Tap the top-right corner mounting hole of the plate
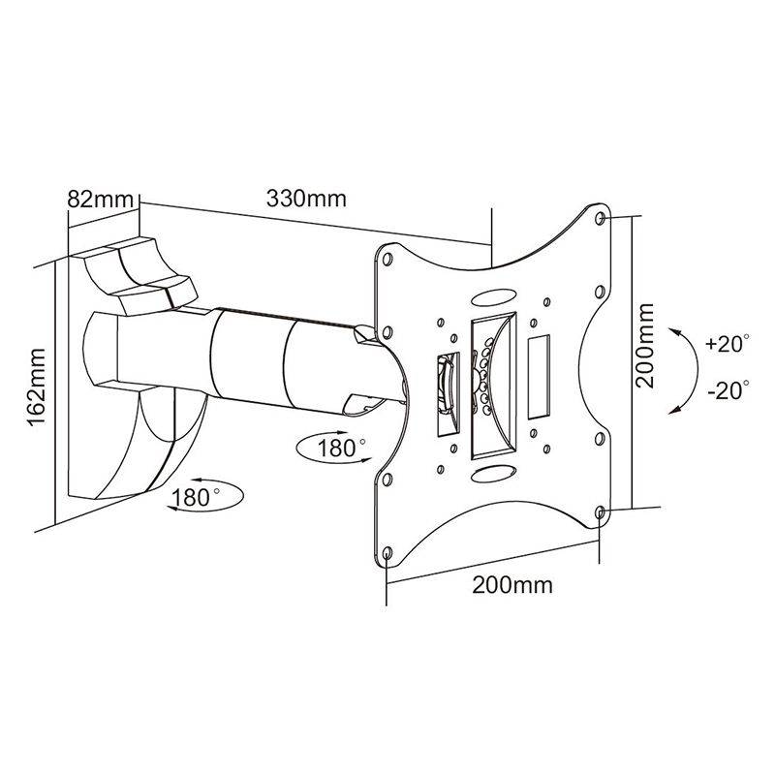[602, 219]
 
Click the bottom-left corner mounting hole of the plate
[387, 554]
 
